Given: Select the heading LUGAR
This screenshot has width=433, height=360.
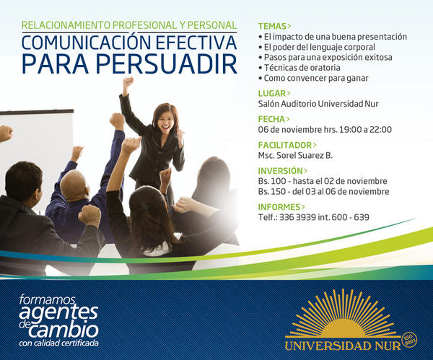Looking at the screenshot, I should pos(272,93).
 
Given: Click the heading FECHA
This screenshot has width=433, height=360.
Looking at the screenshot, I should pos(271,119).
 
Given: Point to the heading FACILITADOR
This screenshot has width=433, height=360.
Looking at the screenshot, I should pos(284,145).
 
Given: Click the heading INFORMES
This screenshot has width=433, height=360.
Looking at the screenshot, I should pos(279,207).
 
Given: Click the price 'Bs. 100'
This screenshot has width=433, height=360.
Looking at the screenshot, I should pos(272,181).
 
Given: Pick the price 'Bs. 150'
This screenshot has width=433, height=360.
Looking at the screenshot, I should pos(272,191).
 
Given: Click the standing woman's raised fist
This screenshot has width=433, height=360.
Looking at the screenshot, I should pos(128,82).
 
